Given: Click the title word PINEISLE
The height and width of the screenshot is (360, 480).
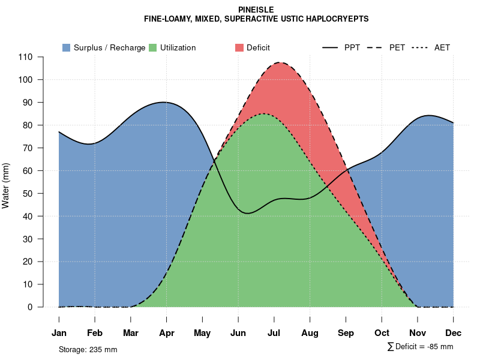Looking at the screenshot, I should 256,10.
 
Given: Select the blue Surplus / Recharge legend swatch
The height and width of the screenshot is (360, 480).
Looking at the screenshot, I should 67,47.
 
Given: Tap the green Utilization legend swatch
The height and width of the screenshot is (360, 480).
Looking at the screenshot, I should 153,47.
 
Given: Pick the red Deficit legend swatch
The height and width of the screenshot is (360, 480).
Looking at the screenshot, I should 239,47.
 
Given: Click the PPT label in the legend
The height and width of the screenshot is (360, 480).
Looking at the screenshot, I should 352,47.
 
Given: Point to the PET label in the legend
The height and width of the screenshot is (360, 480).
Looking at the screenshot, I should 397,47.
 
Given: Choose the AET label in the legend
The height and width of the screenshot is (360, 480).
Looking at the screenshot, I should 442,47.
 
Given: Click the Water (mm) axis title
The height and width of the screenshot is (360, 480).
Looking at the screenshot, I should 6,185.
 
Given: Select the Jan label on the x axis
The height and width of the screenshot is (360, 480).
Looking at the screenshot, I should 59,332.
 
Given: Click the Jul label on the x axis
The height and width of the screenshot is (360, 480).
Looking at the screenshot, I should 274,332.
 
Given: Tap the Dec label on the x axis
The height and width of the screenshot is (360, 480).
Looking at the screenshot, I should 454,332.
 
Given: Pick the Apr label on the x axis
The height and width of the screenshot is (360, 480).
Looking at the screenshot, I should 166,332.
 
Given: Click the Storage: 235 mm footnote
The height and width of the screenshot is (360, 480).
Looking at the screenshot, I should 88,349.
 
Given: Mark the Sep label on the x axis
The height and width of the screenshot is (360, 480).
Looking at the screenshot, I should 346,332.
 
